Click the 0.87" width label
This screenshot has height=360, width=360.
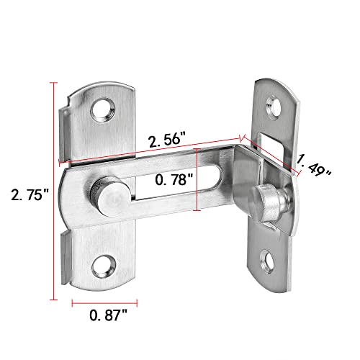pos(107,314)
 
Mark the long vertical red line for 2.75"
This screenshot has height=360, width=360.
pos(54,191)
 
